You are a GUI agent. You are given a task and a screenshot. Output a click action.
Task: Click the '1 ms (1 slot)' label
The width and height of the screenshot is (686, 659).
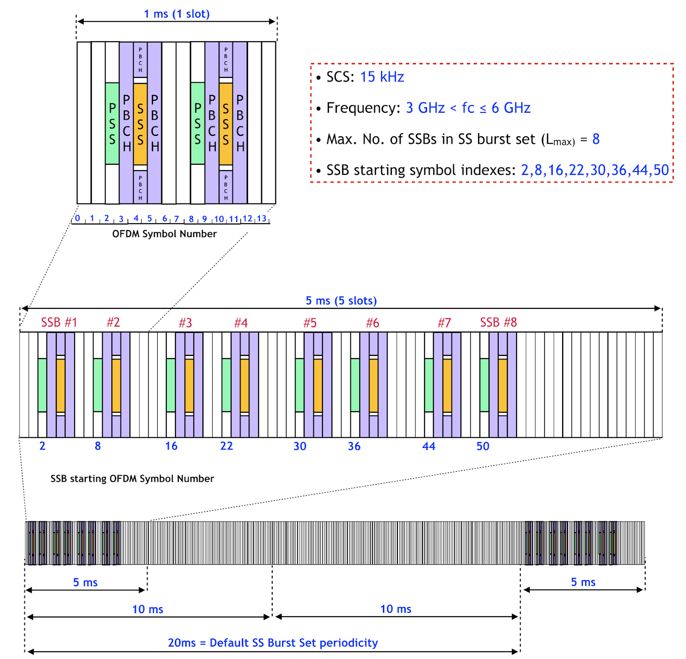[x=177, y=14]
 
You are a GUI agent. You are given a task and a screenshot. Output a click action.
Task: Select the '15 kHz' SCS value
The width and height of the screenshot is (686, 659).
[x=382, y=77]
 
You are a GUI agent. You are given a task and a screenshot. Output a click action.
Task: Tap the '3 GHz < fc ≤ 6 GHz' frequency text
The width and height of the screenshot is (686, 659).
[x=468, y=108]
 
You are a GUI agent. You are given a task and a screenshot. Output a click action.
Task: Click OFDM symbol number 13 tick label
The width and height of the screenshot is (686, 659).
[x=262, y=219]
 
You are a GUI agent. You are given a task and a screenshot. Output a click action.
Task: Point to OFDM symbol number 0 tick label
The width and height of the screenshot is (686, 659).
[x=78, y=218]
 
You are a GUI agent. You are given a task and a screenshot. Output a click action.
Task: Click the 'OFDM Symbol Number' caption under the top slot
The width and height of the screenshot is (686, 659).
[x=164, y=234]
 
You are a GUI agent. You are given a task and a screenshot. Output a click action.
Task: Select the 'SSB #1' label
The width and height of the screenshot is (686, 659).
[x=59, y=322]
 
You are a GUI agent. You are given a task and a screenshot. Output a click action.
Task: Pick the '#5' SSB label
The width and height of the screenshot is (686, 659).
[x=310, y=323]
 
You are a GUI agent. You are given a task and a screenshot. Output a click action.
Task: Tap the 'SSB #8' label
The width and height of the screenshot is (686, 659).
[x=498, y=322]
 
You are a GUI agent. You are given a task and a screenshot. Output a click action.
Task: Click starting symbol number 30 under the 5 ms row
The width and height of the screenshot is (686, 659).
[x=300, y=446]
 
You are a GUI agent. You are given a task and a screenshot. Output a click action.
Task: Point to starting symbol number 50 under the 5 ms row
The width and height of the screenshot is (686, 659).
[x=483, y=446]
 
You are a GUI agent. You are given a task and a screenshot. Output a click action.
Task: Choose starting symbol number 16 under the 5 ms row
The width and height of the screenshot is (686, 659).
[x=171, y=446]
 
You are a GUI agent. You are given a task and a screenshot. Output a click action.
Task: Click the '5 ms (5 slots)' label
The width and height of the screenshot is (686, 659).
[x=341, y=300]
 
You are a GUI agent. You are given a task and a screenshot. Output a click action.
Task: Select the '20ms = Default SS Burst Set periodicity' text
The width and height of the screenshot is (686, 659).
[x=273, y=643]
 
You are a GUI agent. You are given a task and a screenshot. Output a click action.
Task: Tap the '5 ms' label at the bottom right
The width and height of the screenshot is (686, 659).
[x=583, y=582]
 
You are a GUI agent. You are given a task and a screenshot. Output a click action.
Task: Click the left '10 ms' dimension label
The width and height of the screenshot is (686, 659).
[x=147, y=609]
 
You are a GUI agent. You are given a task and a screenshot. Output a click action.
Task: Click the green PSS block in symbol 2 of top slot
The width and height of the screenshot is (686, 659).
[x=112, y=123]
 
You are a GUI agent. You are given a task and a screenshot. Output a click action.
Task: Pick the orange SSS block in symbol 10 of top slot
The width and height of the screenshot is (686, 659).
[x=226, y=123]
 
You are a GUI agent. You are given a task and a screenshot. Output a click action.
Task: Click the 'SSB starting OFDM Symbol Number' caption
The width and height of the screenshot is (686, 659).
[x=132, y=479]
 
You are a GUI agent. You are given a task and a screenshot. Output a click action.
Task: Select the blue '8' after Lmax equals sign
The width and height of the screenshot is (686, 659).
[x=596, y=139]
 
